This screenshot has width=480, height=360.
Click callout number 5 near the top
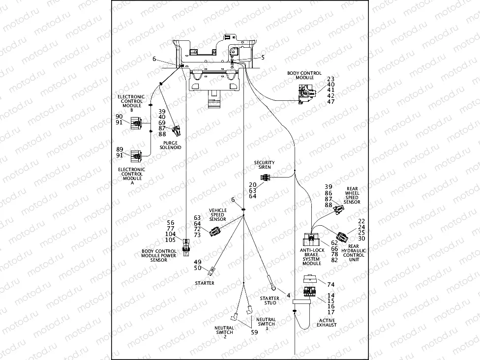coord(263,58)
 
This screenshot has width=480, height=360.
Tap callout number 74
coord(330,285)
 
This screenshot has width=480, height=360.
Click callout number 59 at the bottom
coord(254,332)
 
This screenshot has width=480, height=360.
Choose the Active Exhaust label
coord(327,323)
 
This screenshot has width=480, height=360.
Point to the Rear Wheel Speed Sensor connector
coord(338,210)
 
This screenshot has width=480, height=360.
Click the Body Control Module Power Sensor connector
coord(186,244)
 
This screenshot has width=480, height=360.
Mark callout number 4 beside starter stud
coord(288,295)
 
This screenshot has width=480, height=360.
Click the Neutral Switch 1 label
coord(266,324)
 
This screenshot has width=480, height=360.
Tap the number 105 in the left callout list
coord(170,240)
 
